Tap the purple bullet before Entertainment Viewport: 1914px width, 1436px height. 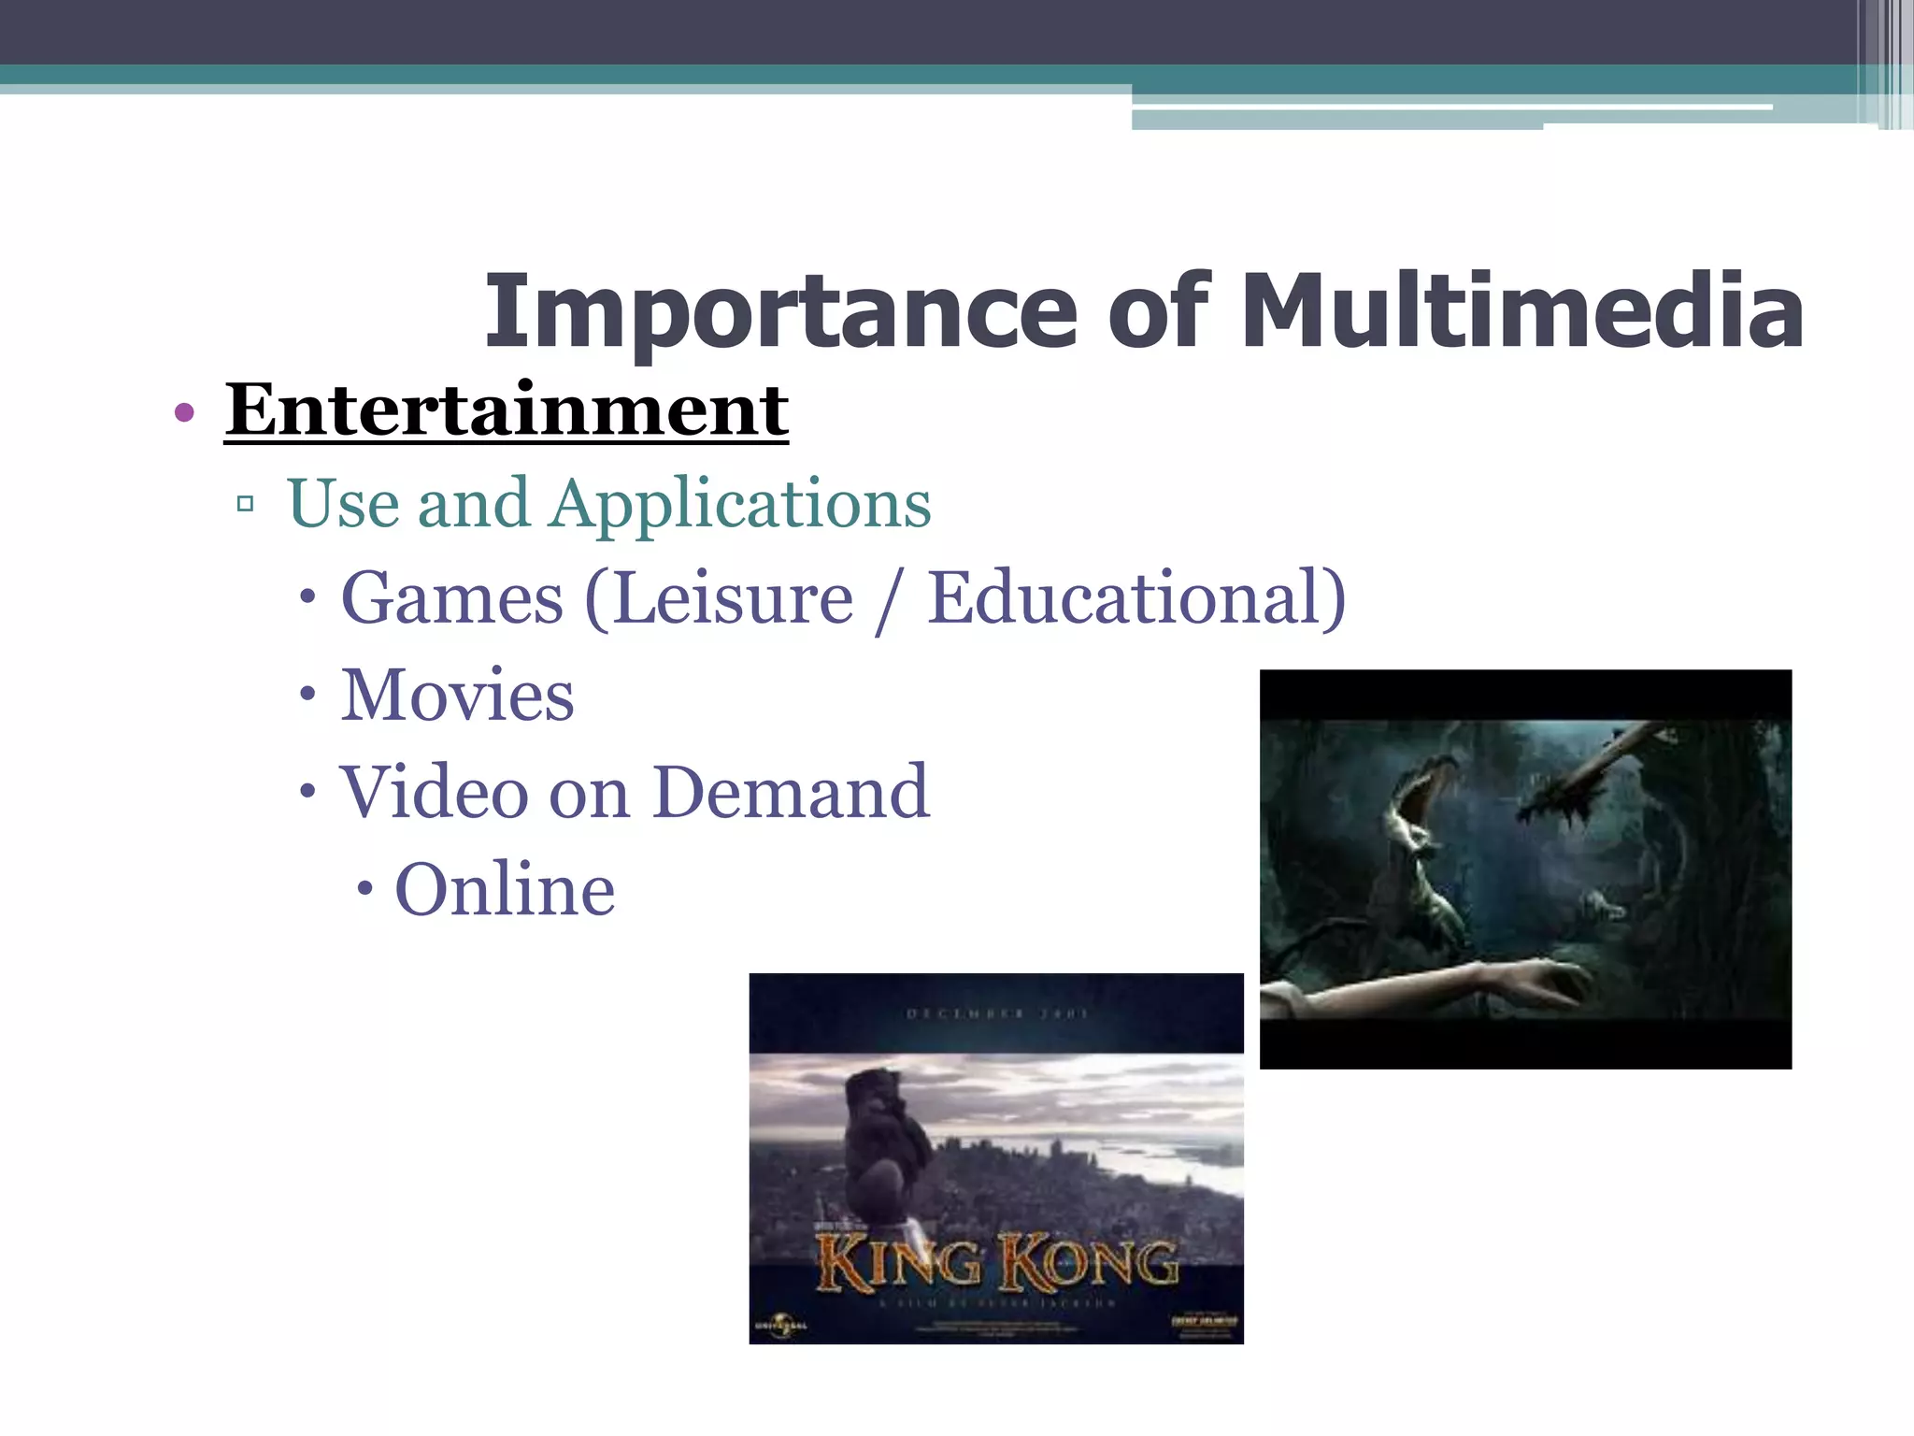pyautogui.click(x=184, y=412)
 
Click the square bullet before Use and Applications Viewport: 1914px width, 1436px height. pyautogui.click(x=246, y=505)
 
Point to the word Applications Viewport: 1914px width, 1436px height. pyautogui.click(x=740, y=505)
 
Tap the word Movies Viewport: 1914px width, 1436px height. pyautogui.click(x=457, y=696)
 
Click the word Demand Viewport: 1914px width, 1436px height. pyautogui.click(x=791, y=793)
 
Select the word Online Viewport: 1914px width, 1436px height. pyautogui.click(x=505, y=890)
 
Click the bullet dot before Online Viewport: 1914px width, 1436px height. pyautogui.click(x=365, y=889)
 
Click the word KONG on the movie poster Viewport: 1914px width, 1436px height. pyautogui.click(x=1089, y=1264)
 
